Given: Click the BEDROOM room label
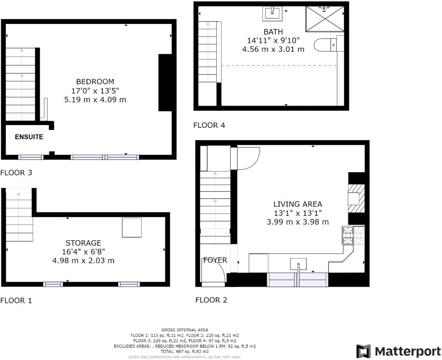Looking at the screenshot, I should pos(95,81).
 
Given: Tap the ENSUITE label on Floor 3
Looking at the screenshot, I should pos(29,137).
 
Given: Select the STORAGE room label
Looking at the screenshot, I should pos(83,243).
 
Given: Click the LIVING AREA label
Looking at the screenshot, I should pos(297,204).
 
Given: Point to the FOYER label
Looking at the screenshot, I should pos(215,260).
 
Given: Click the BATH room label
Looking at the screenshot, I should pos(273,32).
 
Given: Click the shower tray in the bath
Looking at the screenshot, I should pos(324,19).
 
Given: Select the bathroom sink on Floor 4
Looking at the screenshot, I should pos(272,13).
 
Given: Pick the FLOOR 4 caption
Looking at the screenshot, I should pos(209,125).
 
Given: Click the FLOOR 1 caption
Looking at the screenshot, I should pos(16,300).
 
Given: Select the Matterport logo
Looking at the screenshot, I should pos(398,351).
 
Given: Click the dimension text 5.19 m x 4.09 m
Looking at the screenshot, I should pos(95,100).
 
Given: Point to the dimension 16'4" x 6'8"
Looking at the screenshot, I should pos(83,252).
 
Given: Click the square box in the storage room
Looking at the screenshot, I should pos(132,228).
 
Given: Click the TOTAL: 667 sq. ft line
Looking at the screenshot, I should pos(185,351).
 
